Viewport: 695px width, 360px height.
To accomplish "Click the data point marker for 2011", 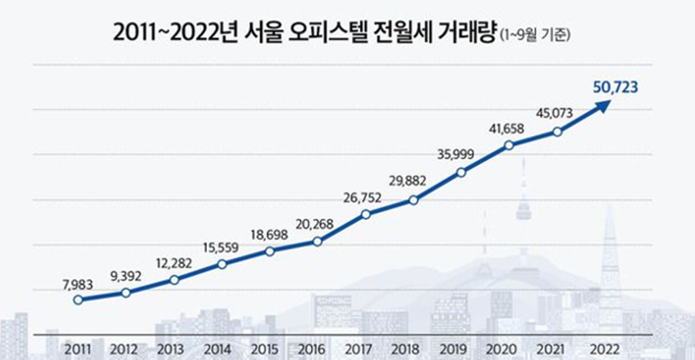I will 78,300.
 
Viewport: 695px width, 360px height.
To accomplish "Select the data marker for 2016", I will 317,242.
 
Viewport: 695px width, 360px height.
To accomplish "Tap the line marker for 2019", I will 461,172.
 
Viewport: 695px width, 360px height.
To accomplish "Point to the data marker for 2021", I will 557,132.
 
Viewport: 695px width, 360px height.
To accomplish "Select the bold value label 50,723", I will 615,87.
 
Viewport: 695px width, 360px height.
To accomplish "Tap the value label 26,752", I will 365,197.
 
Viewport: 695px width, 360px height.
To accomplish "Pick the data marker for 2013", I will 174,280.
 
